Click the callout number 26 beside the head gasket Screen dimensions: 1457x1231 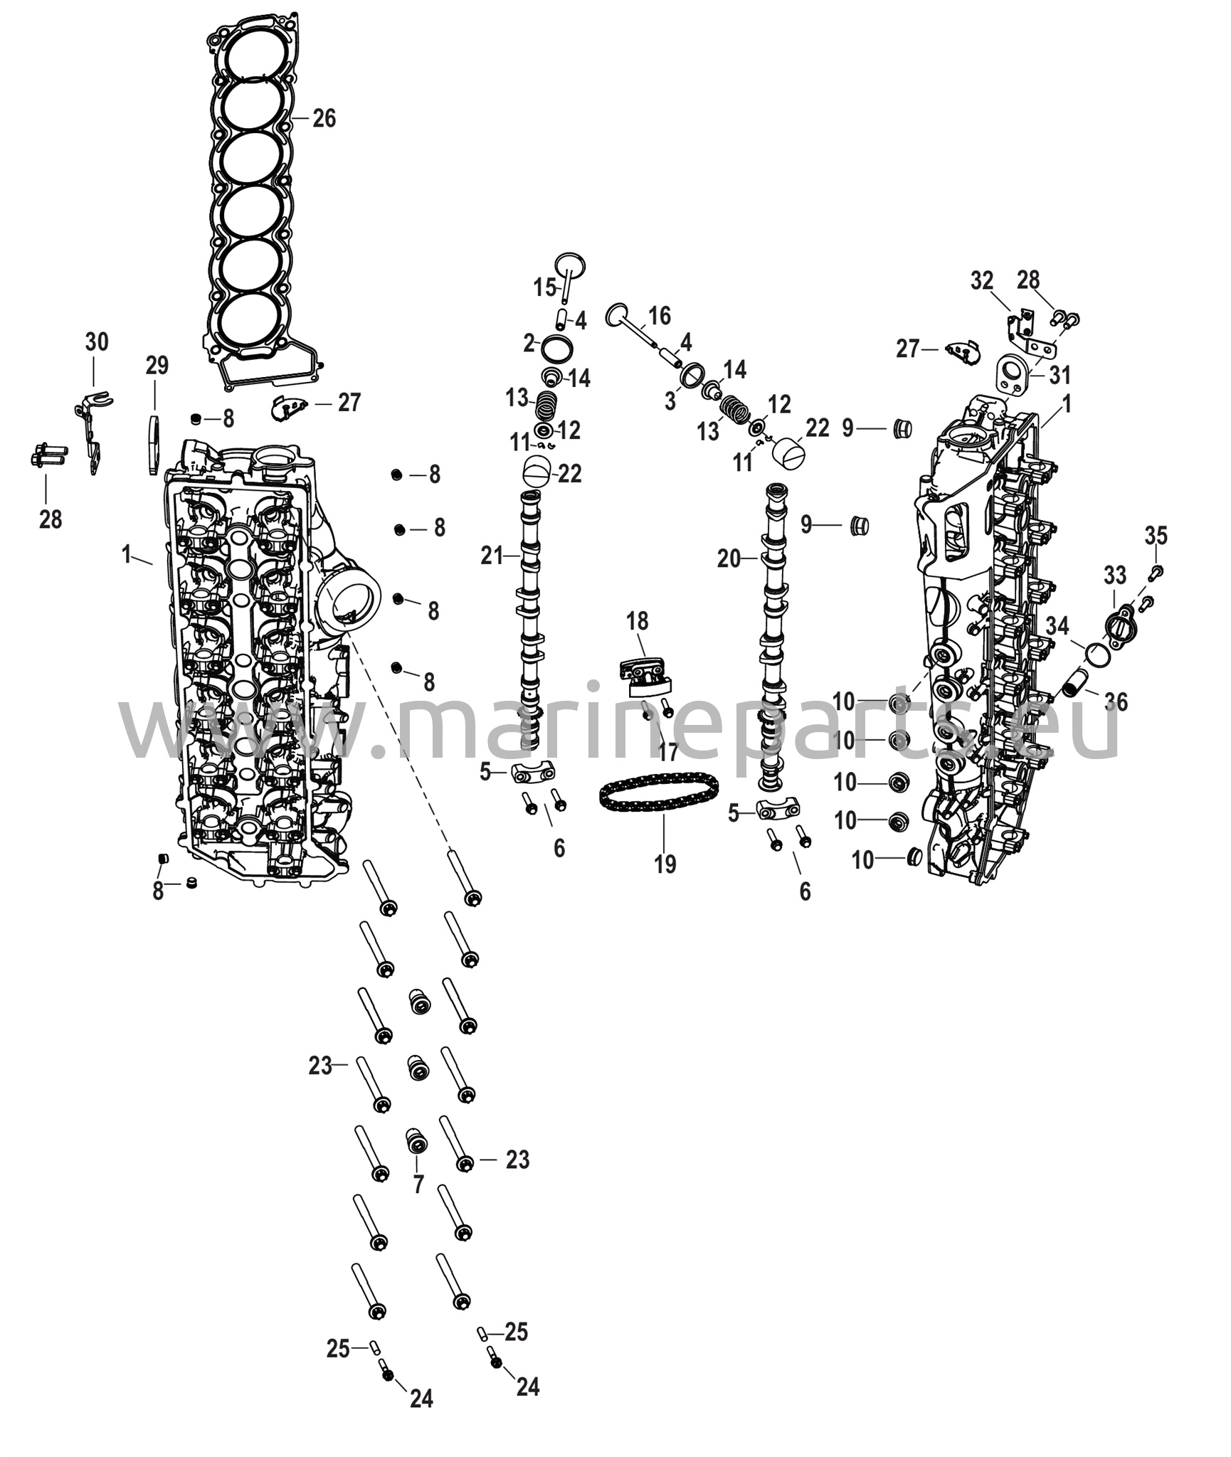coord(324,118)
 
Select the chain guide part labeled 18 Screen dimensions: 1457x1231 coord(647,676)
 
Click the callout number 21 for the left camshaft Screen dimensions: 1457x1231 coord(492,556)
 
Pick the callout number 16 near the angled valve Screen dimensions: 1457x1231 coord(660,314)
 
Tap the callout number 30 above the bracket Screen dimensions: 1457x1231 coord(97,342)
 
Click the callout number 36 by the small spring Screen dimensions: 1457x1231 coord(1116,701)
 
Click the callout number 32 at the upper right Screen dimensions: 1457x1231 coord(982,280)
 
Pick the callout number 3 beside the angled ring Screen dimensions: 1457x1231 coord(670,401)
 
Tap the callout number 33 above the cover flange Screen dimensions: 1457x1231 coord(1115,573)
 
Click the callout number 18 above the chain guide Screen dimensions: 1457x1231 coord(637,621)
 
